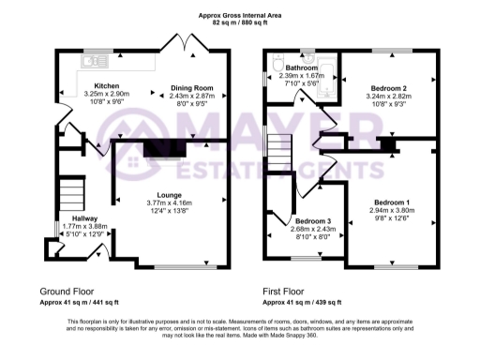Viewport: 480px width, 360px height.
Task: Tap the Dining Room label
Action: [x=192, y=87]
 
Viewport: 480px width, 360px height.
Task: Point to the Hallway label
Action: [x=72, y=217]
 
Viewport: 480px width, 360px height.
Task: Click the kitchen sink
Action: [x=91, y=62]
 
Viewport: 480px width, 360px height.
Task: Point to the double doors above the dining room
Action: [x=178, y=43]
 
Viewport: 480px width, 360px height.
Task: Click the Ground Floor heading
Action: [x=67, y=292]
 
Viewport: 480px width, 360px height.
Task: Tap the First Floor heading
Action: [x=285, y=292]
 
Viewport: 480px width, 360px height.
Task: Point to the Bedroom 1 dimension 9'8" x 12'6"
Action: [x=392, y=218]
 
